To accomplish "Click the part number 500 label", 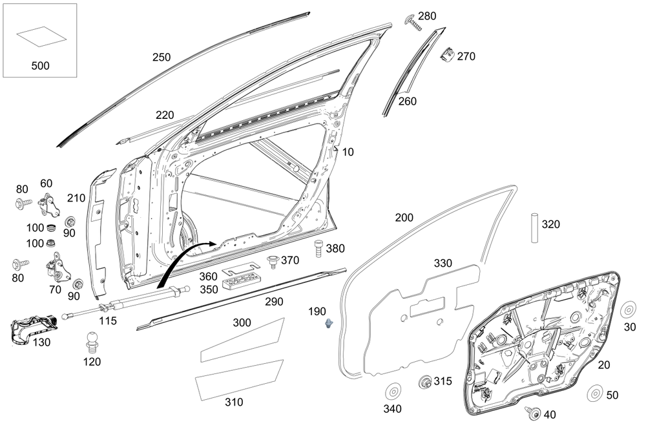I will pyautogui.click(x=39, y=65).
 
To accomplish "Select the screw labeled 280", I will pyautogui.click(x=412, y=23).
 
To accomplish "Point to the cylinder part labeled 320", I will pyautogui.click(x=535, y=227).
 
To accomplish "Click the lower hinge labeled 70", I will pyautogui.click(x=57, y=269).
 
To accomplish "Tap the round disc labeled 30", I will pyautogui.click(x=629, y=309).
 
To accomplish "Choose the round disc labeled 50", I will pyautogui.click(x=595, y=394).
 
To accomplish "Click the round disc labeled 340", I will pyautogui.click(x=392, y=392).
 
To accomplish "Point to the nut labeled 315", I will pyautogui.click(x=425, y=382).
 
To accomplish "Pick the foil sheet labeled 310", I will pyautogui.click(x=239, y=380).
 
